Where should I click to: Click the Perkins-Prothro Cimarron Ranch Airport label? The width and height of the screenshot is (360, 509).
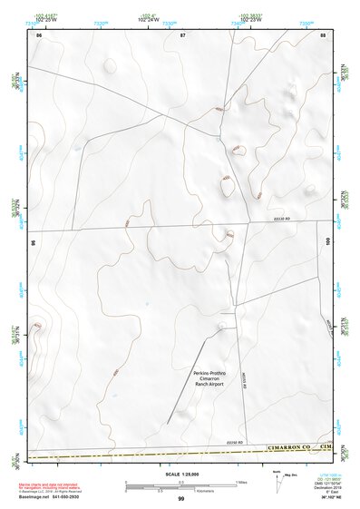click(209, 378)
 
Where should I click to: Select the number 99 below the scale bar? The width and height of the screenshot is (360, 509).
click(180, 498)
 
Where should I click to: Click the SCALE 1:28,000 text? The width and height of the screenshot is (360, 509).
click(180, 475)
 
